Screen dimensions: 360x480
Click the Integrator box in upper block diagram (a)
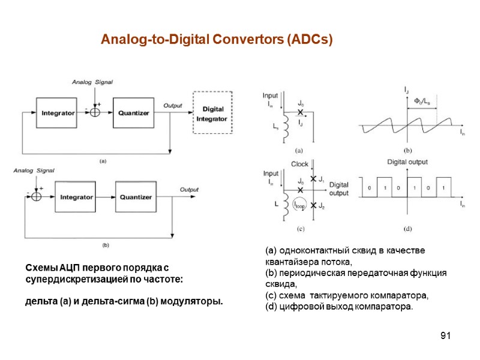coord(58,112)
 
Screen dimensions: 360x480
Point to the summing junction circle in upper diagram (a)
coord(94,112)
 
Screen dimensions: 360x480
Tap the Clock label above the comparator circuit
coord(300,164)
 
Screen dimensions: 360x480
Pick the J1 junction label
coord(322,179)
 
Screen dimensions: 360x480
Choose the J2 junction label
coord(322,207)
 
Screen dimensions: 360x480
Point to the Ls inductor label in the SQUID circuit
coord(277,128)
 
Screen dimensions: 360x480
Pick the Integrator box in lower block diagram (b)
coord(77,196)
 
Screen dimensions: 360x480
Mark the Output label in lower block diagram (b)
coord(189,190)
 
